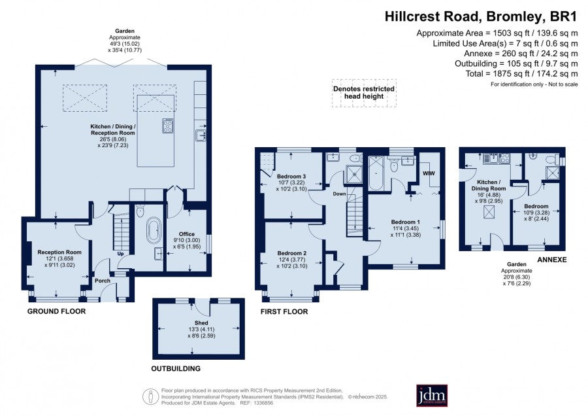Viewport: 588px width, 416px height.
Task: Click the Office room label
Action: [187, 234]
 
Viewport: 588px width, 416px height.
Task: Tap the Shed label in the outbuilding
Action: [201, 323]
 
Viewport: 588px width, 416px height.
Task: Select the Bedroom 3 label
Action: [291, 177]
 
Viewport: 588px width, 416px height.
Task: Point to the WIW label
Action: [429, 173]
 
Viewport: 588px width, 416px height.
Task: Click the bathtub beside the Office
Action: [153, 230]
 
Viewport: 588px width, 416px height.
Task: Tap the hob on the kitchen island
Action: [168, 126]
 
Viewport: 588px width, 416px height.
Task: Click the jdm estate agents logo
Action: [432, 395]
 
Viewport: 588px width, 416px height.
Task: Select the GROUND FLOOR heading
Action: [57, 311]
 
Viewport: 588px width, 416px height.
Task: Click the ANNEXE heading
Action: [552, 260]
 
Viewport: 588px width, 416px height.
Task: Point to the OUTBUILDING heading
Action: [176, 369]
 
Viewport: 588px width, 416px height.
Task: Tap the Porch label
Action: [103, 281]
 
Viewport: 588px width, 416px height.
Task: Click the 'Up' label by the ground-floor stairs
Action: [121, 254]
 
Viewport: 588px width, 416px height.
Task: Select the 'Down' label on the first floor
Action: [339, 194]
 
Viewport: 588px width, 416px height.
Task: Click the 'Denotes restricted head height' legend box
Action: [364, 93]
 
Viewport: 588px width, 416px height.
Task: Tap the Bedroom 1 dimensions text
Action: [405, 232]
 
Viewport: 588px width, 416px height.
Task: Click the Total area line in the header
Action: [521, 74]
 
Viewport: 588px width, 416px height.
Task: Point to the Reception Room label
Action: [59, 252]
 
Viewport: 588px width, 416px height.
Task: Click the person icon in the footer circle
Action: [150, 396]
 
